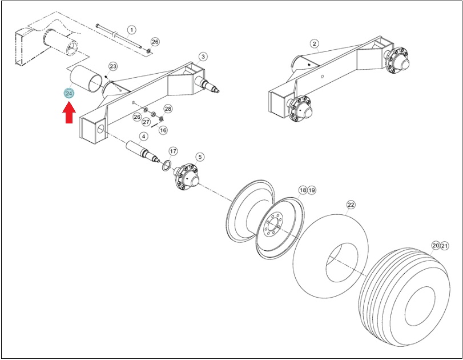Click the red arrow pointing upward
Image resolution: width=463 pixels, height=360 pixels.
69,113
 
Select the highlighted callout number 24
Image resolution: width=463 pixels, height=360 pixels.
69,93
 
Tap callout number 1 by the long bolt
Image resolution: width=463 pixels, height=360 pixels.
131,30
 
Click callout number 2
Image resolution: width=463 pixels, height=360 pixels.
315,44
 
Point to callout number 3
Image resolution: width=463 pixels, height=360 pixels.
203,57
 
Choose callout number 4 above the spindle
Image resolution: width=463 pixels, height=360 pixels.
143,136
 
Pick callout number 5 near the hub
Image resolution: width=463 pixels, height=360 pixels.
200,157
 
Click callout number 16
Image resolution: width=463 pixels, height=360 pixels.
163,130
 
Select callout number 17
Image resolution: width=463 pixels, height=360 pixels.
174,151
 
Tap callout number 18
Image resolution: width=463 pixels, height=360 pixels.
303,190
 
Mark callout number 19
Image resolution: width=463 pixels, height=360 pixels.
312,190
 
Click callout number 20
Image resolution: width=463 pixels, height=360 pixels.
436,245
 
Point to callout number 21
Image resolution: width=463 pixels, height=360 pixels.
445,245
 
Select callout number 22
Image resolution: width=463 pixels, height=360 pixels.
351,205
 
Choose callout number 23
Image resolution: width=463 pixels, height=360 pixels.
113,66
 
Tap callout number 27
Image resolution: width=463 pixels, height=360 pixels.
147,122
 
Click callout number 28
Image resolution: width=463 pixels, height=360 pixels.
168,109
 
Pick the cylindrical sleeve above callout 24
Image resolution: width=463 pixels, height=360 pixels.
86,79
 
